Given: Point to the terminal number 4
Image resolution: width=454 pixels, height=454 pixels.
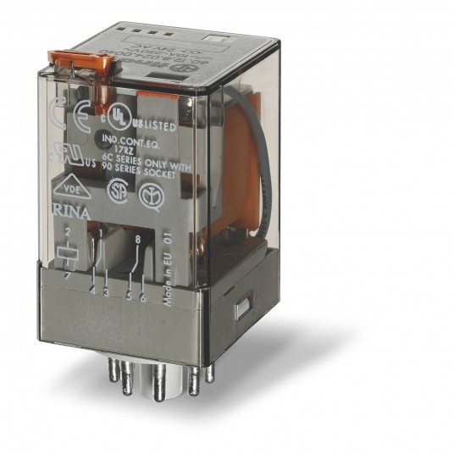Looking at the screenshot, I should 91,292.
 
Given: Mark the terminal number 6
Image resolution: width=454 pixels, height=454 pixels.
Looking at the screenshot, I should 143,296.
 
